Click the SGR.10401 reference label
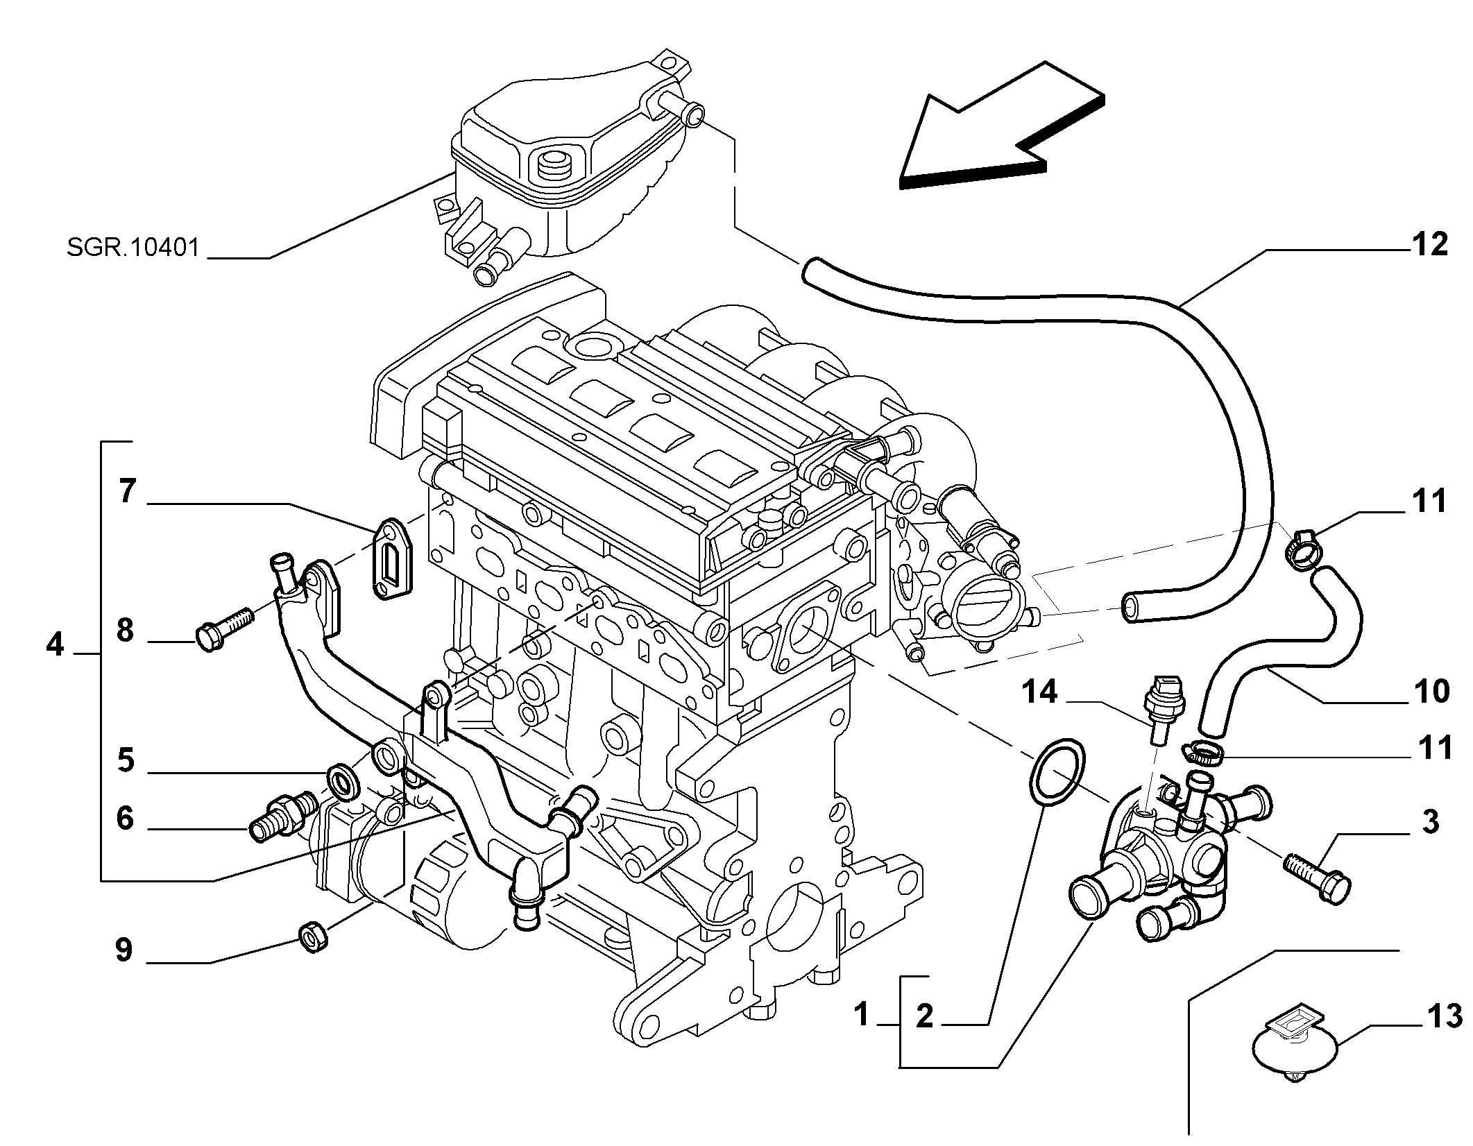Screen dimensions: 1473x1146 click(133, 248)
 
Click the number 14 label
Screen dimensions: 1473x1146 click(1041, 692)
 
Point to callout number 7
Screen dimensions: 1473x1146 click(126, 492)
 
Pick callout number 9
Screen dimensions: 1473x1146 click(124, 950)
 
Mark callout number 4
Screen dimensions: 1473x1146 click(55, 644)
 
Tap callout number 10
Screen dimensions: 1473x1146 click(1431, 692)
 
